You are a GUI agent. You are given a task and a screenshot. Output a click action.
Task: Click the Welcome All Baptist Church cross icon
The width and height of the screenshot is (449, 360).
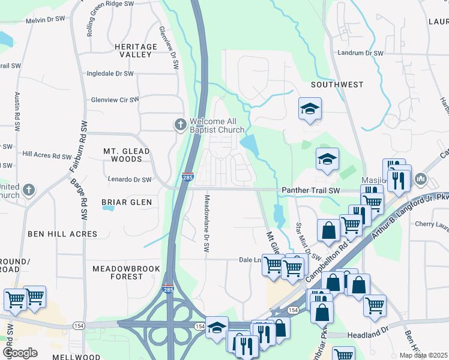coord(179,125)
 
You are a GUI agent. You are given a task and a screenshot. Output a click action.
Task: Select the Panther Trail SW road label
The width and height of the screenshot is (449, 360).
coord(310,191)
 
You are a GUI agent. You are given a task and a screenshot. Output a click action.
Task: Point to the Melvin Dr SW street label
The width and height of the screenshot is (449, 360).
coord(45,20)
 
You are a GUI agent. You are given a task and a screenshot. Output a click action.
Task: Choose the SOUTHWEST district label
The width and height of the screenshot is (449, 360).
coord(337,85)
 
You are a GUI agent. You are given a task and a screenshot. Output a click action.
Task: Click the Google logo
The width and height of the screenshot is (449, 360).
coord(20,352)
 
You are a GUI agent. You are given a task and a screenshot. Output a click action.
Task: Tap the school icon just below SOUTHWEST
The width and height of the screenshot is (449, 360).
coord(310,109)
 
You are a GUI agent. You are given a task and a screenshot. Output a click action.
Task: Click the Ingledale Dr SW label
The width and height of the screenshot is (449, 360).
coord(110,73)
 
